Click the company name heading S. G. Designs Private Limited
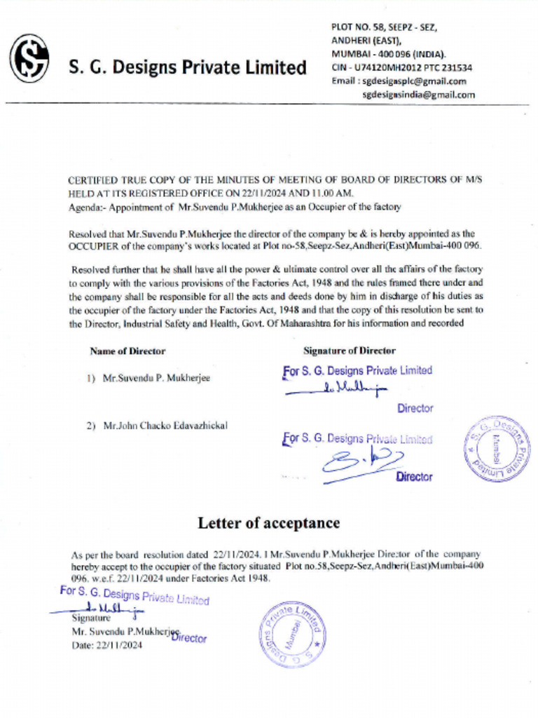click(x=188, y=68)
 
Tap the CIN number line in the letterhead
click(x=401, y=68)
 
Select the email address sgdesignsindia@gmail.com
click(x=423, y=95)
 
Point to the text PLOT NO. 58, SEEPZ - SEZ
click(x=384, y=27)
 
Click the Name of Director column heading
click(x=127, y=351)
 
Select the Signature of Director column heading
click(x=349, y=351)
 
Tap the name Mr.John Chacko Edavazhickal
click(x=165, y=426)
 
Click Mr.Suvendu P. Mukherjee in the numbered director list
click(x=156, y=378)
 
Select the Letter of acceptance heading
click(x=268, y=523)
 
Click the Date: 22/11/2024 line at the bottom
click(x=107, y=646)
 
